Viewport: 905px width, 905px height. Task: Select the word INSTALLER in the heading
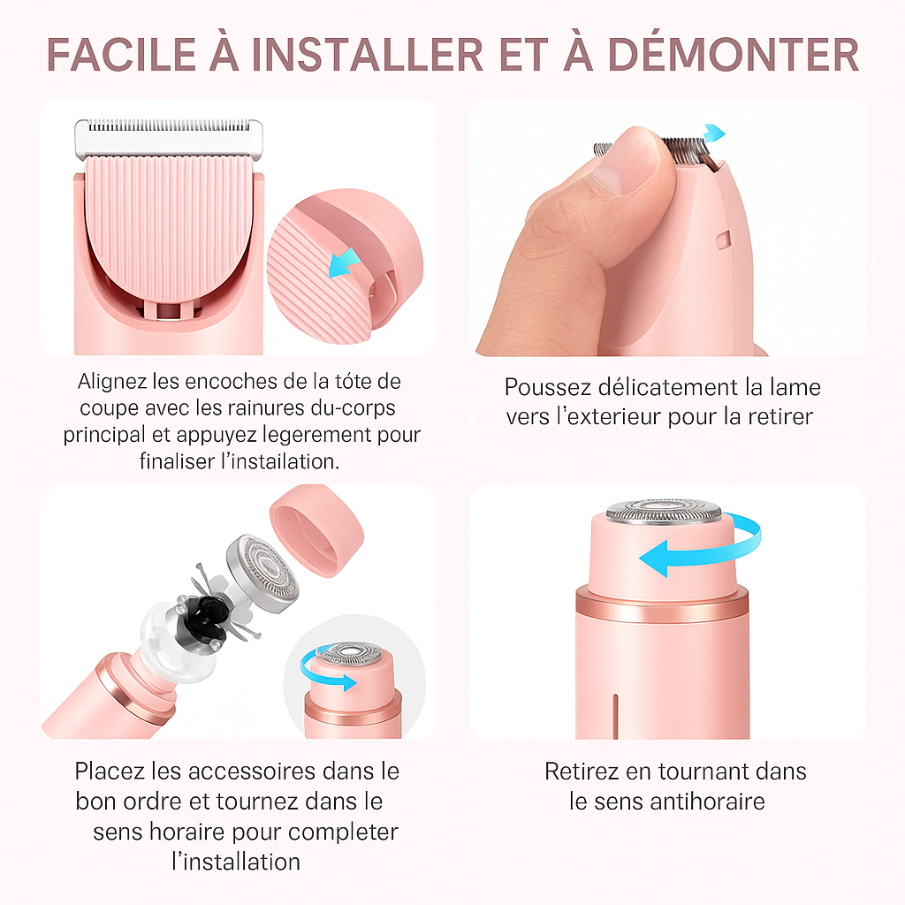click(367, 55)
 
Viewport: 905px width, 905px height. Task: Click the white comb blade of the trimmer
click(168, 135)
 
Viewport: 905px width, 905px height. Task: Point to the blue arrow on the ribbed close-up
click(344, 262)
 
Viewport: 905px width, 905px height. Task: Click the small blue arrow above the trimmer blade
click(713, 133)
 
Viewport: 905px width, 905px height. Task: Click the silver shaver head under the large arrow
click(664, 511)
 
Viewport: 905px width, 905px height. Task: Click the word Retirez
click(583, 771)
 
